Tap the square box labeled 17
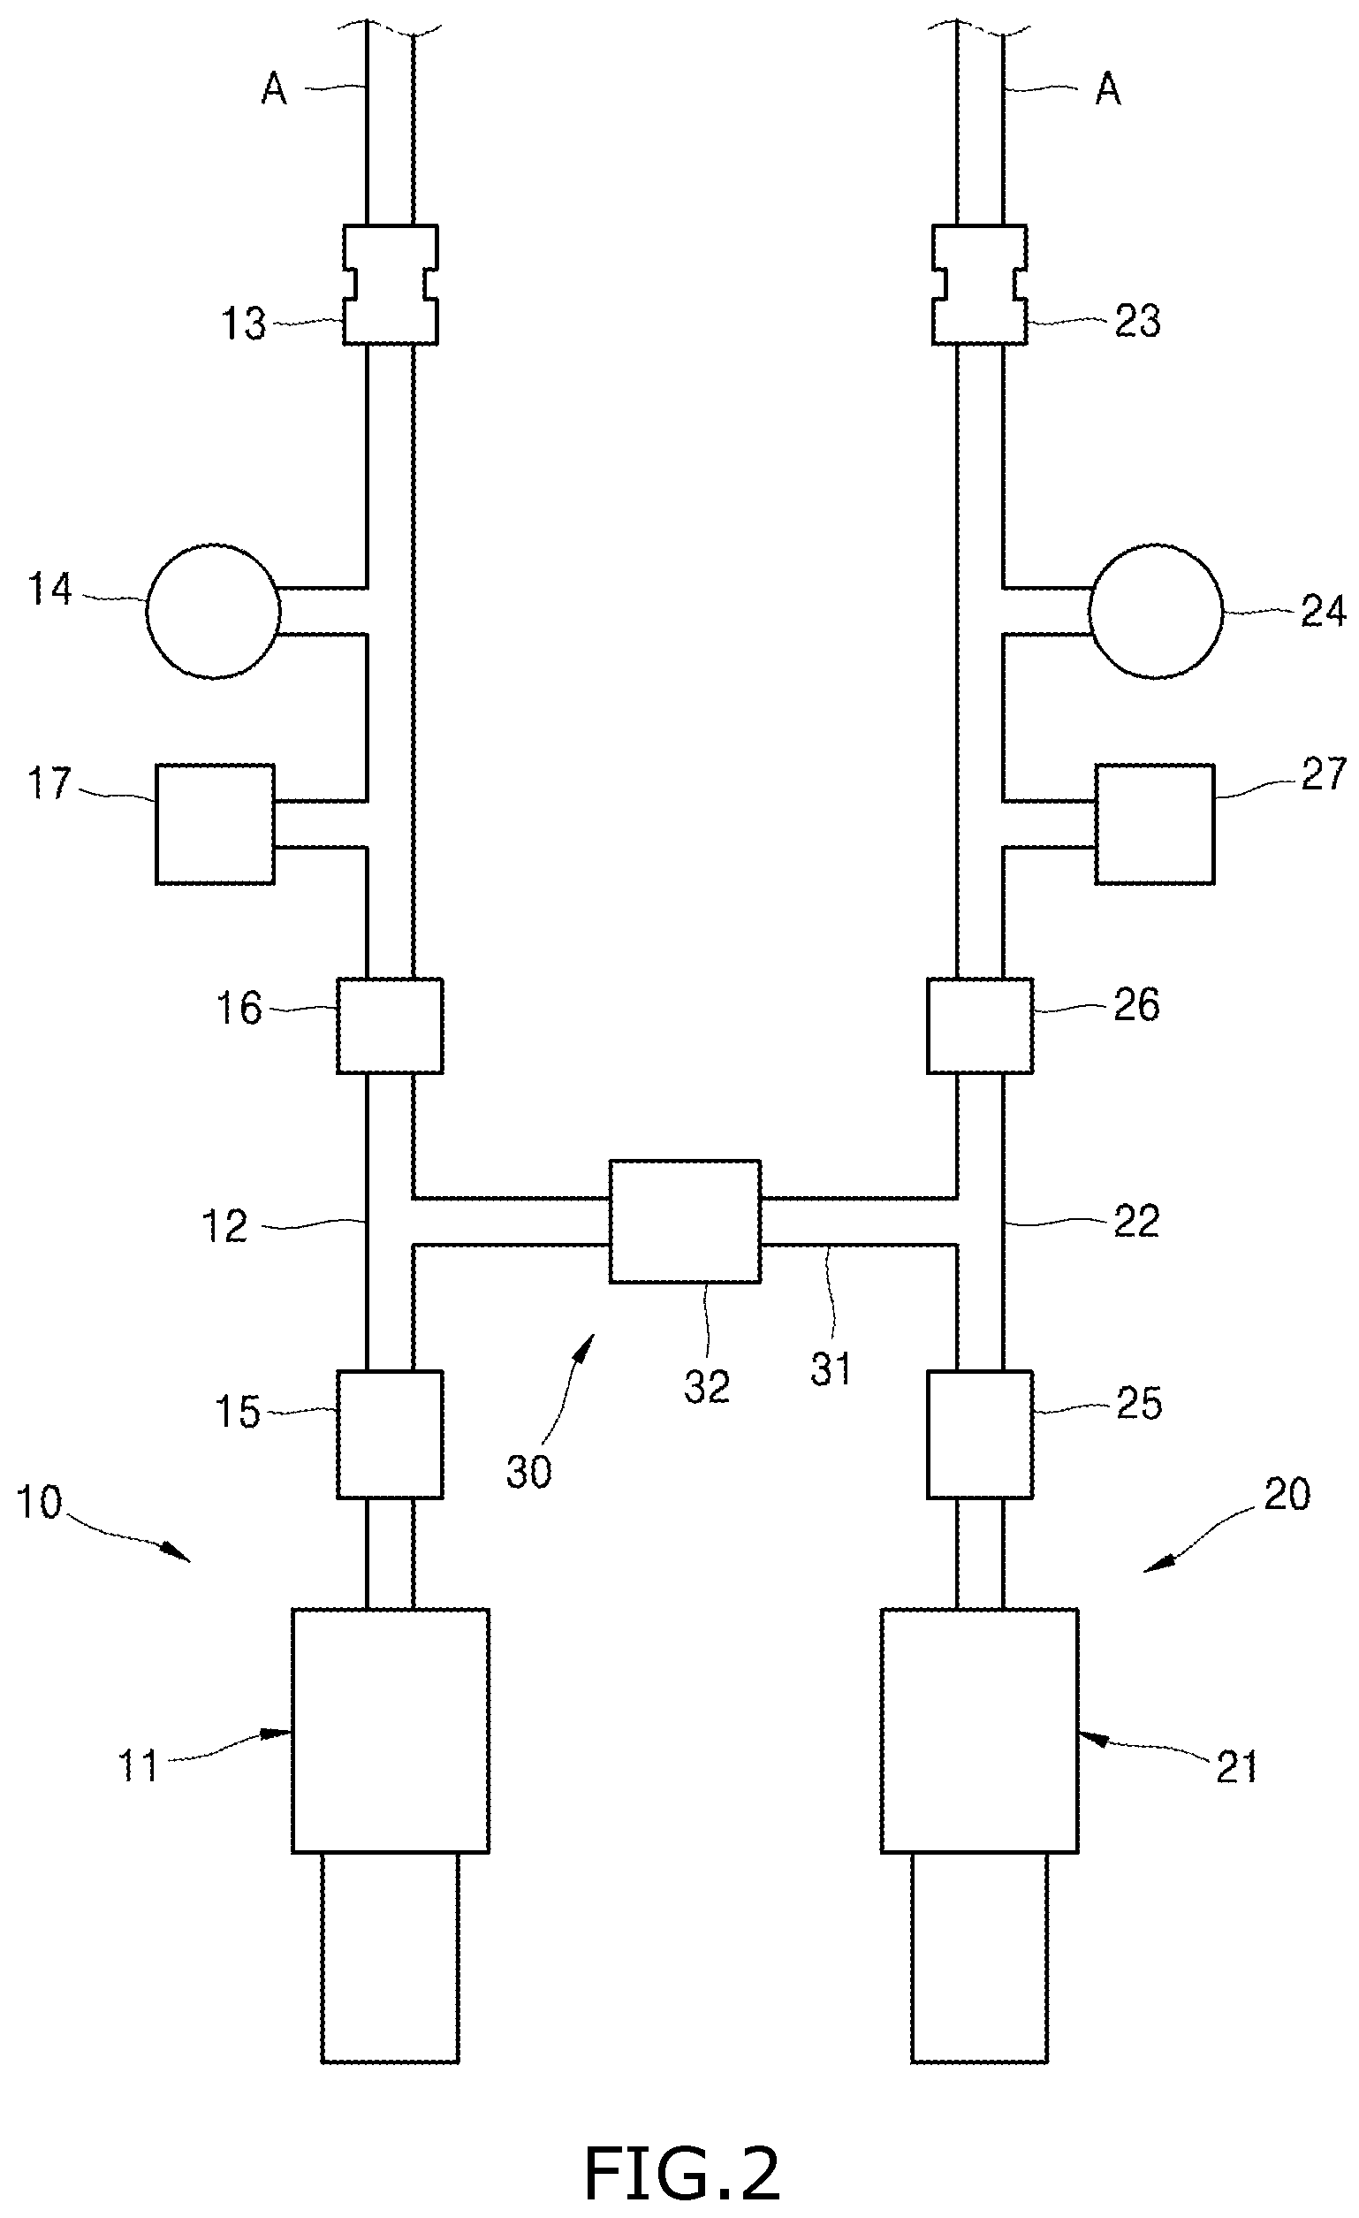point(215,824)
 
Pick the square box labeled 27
point(1155,824)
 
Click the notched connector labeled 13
point(391,285)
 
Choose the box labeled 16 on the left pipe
point(390,1025)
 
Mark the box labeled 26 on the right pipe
point(980,1025)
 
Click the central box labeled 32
point(685,1221)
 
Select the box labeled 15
point(390,1435)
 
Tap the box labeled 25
point(980,1435)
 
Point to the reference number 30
point(528,1472)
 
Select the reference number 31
point(830,1369)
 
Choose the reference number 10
point(40,1502)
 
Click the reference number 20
point(1287,1494)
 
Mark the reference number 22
point(1135,1222)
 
